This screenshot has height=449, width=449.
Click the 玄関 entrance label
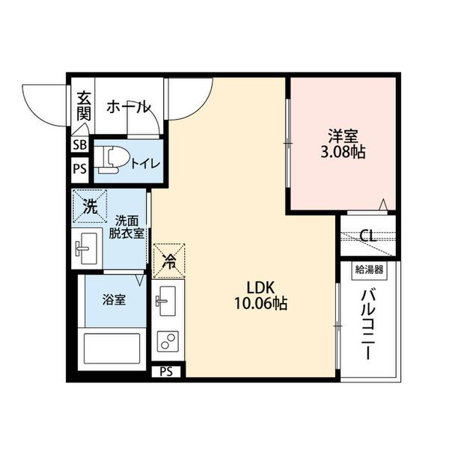tap(83, 107)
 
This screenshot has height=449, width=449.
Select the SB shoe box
tap(79, 145)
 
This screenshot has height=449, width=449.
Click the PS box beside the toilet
tap(79, 168)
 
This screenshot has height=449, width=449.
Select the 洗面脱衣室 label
tap(125, 226)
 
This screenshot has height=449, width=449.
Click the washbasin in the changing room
tap(87, 246)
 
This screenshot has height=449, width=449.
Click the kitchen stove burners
tap(166, 342)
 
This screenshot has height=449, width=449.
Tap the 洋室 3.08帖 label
tap(343, 144)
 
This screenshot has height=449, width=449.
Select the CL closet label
tap(367, 237)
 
